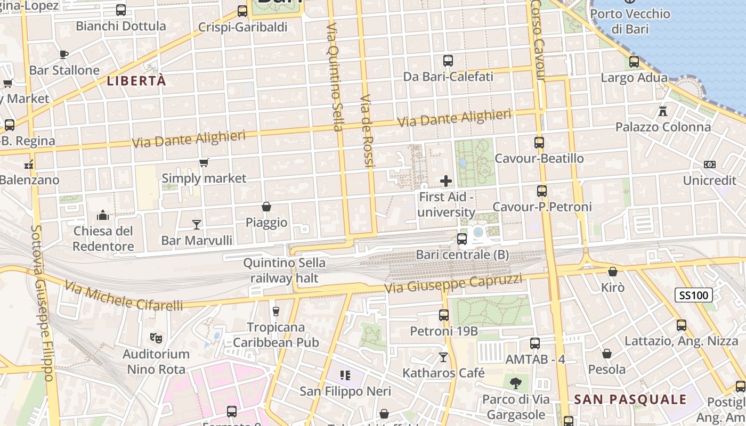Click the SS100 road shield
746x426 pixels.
point(695,295)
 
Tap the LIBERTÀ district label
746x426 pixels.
point(136,81)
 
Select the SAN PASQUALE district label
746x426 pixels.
point(630,399)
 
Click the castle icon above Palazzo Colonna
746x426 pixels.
point(663,111)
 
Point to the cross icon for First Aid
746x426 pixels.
point(446,182)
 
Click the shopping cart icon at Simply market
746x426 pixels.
point(204,162)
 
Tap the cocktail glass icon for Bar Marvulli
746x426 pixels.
point(197,225)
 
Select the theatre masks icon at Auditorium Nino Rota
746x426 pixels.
point(156,338)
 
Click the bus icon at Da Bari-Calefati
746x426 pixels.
point(448,61)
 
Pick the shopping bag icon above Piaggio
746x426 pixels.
point(266,207)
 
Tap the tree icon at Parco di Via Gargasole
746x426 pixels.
point(515,383)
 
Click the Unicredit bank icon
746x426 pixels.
point(709,165)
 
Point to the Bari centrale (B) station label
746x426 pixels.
point(463,255)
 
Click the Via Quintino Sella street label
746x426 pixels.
point(334,77)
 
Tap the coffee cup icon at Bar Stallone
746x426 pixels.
point(64,54)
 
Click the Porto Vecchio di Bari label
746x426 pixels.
point(630,21)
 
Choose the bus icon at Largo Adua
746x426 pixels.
point(634,62)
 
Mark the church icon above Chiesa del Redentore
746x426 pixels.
point(103,215)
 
